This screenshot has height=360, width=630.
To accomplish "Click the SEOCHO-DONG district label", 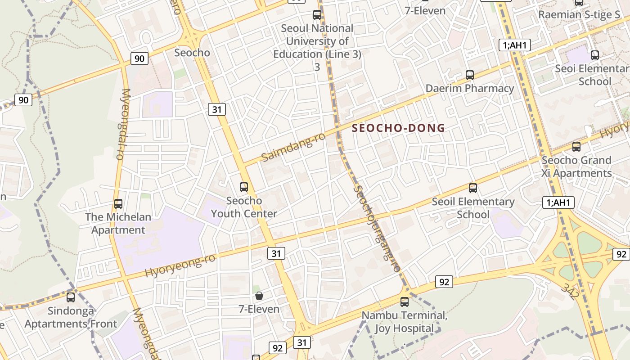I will pos(398,128).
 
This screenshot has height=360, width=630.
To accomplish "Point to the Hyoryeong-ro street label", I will pos(180,265).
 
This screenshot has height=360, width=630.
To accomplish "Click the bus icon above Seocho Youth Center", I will pos(244,187).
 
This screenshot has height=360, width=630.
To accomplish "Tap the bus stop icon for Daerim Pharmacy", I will pos(470,75).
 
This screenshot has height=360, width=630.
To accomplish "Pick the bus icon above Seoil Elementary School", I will pos(472,188).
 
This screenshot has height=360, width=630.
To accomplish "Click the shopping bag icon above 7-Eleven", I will pos(259,296).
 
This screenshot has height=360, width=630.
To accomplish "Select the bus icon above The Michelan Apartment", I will pos(118,204).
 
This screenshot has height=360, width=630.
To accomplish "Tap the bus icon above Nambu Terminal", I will pos(405,302).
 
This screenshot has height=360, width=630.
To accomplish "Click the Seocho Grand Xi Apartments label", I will pos(576,166).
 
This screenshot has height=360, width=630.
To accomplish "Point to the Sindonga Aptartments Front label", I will pos(71,317).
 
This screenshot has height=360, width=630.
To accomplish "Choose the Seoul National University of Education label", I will pos(317,41).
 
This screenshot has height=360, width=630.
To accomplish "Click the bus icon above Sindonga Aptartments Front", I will pos(71,297).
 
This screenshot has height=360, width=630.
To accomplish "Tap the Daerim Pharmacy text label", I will pos(470,88).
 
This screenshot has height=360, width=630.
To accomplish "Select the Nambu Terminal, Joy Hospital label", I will pos(405,322).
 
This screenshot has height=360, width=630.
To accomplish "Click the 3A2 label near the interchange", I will pos(570,291).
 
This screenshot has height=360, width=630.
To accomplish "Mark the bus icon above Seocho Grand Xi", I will pos(576,147).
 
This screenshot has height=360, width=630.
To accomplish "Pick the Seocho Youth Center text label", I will pos(244,207).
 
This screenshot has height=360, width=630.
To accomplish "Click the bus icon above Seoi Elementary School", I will pos(595,55).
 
